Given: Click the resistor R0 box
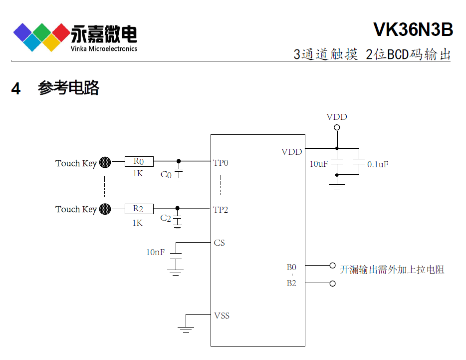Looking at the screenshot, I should (139, 161).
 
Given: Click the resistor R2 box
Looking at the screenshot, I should (139, 209).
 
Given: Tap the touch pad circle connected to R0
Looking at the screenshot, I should (105, 162).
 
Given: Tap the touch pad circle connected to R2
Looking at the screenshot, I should (105, 209).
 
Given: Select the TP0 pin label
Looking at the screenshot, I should (221, 163).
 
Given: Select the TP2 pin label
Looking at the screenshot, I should (221, 210).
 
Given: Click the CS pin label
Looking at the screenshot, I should (219, 243).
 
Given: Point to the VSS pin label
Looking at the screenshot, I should (222, 316).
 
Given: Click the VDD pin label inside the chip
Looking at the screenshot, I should (291, 152).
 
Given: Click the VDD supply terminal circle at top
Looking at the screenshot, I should (337, 128).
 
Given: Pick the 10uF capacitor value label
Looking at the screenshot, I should (318, 164).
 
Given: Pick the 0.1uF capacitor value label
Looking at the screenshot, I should (378, 164).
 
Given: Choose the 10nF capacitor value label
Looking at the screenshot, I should (155, 253).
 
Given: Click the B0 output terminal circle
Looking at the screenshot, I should (333, 266).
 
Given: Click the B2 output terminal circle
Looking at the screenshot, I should (333, 284).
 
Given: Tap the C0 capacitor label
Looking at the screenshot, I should (166, 175).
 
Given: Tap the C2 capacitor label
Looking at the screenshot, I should (166, 219).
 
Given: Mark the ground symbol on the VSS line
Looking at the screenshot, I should (186, 328).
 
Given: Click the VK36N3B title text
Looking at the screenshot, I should (413, 30).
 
